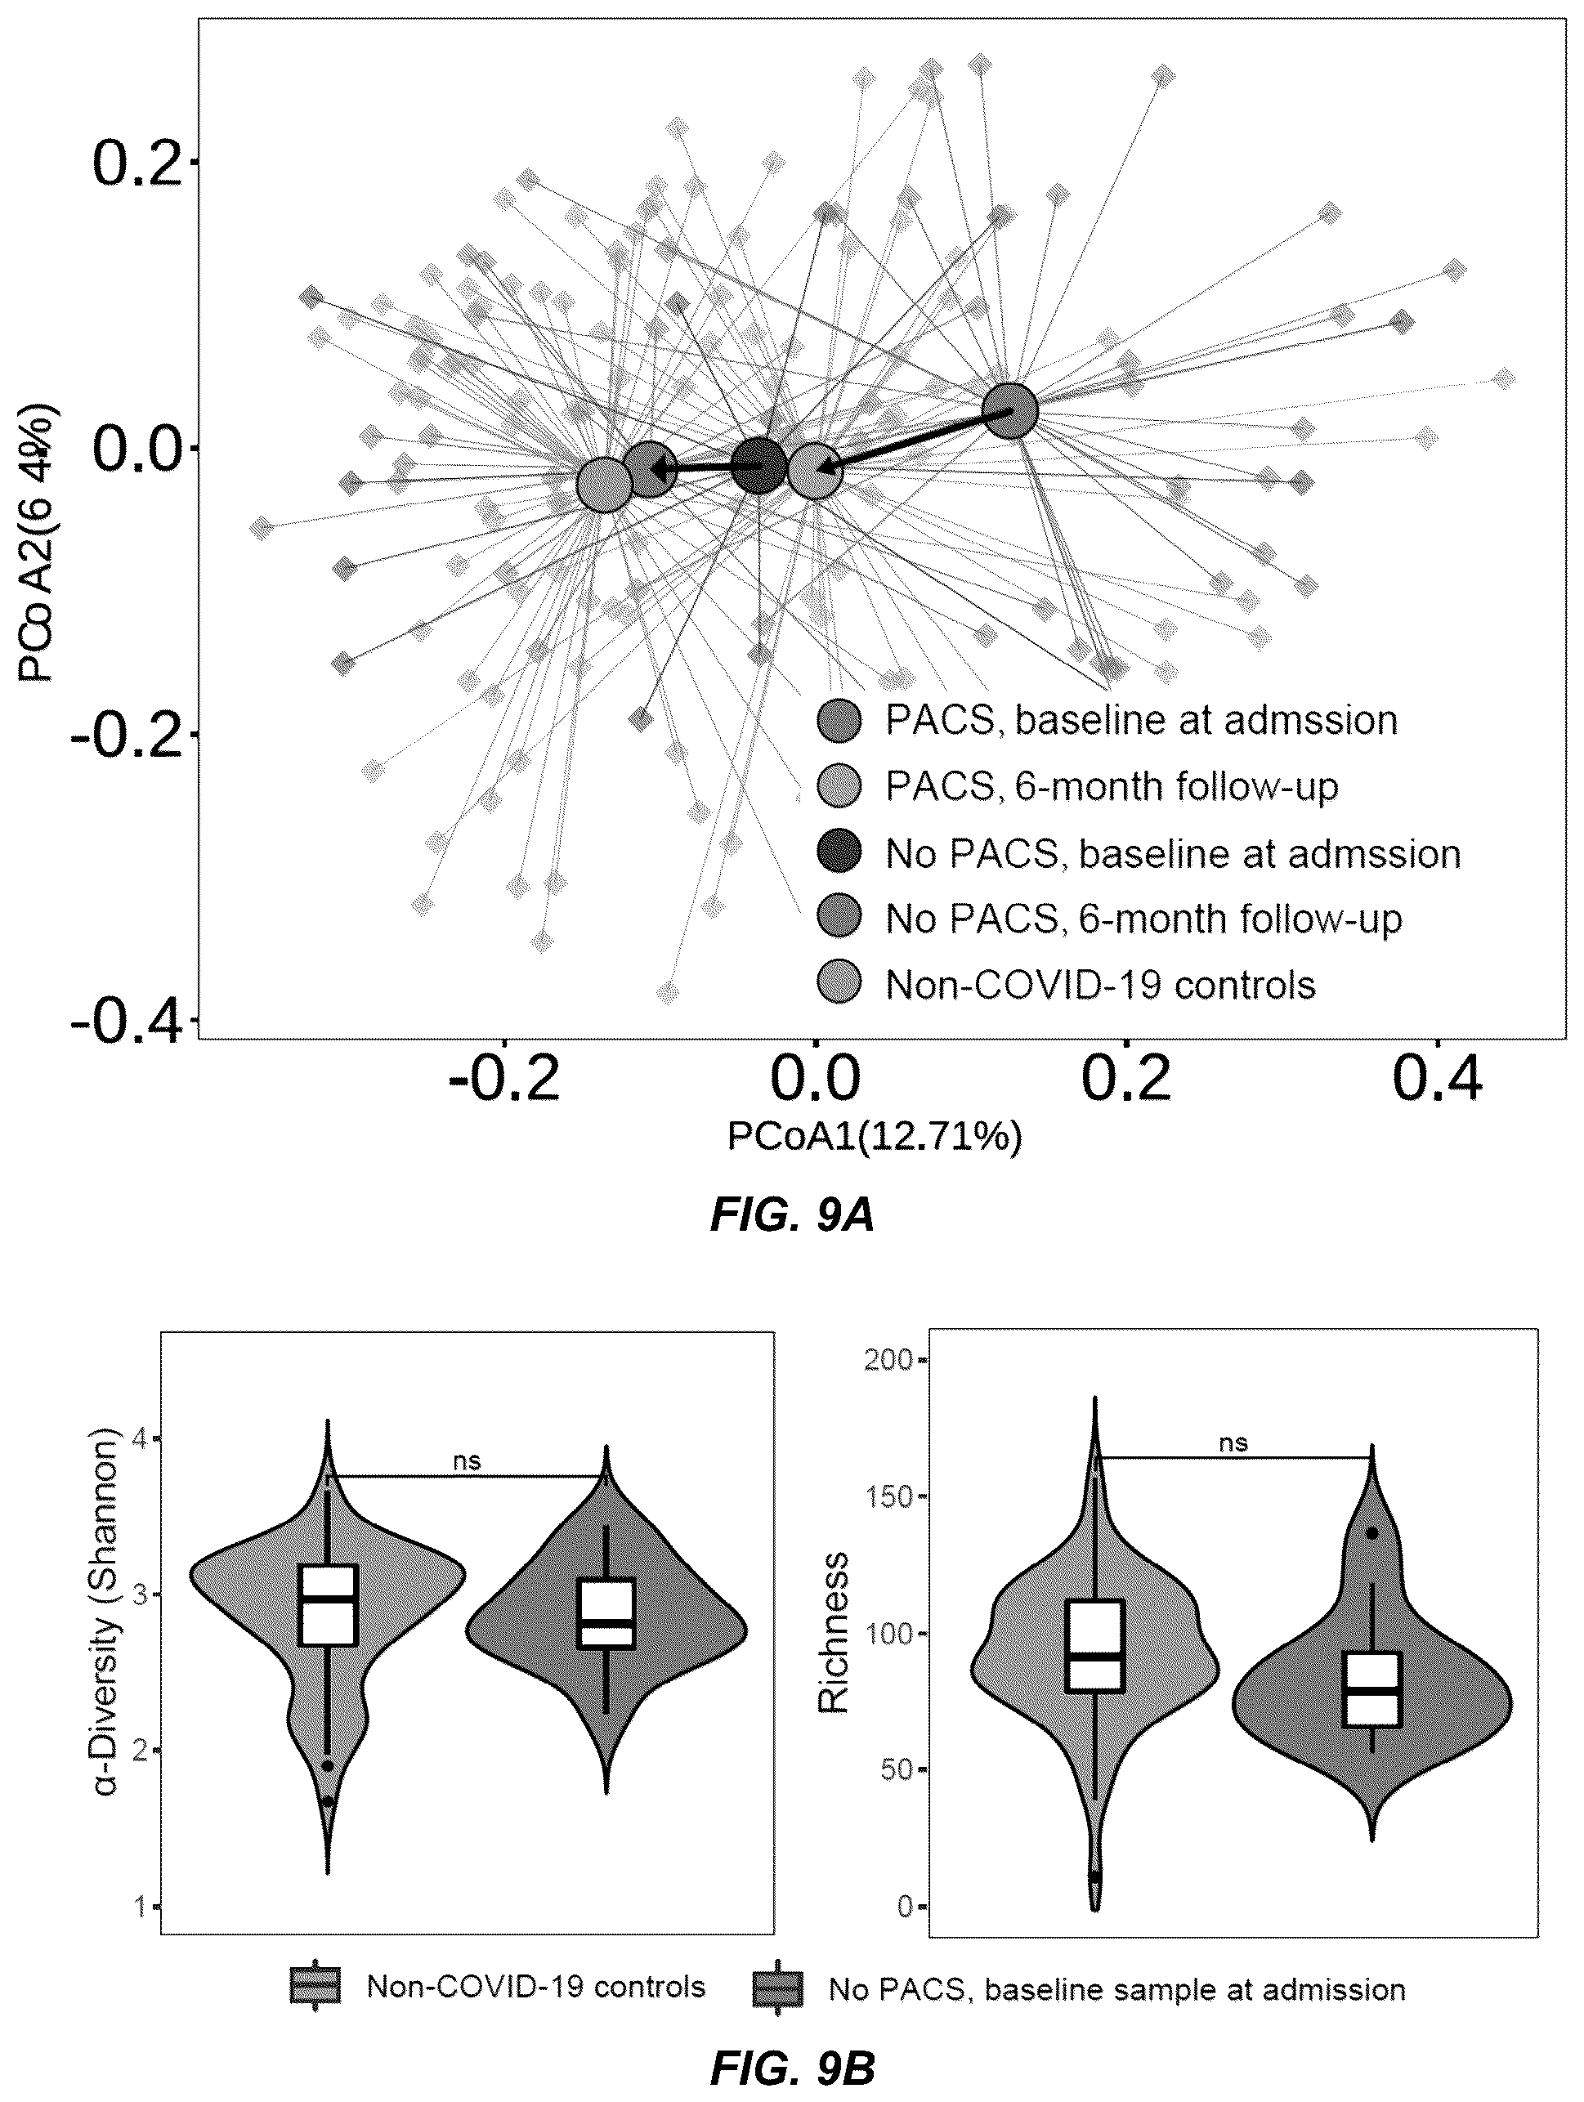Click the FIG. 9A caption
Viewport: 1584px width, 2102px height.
pos(791,1216)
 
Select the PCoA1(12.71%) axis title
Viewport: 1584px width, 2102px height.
pos(875,1137)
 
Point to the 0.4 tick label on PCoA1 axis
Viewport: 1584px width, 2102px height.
pos(1436,1080)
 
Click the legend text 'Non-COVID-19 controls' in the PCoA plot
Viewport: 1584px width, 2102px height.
pos(1100,985)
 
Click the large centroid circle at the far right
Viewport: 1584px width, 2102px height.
pos(1009,411)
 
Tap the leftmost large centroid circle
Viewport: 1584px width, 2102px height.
pos(604,485)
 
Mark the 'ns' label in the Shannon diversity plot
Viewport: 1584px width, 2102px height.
pos(467,1460)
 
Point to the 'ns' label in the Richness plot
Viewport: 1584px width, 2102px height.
pos(1233,1442)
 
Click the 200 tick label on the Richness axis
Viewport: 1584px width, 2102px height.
pos(888,1359)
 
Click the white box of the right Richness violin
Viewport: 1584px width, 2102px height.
pos(1372,1688)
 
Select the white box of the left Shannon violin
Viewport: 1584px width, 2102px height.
pos(328,1605)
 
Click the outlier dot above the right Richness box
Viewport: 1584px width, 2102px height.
pos(1372,1533)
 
